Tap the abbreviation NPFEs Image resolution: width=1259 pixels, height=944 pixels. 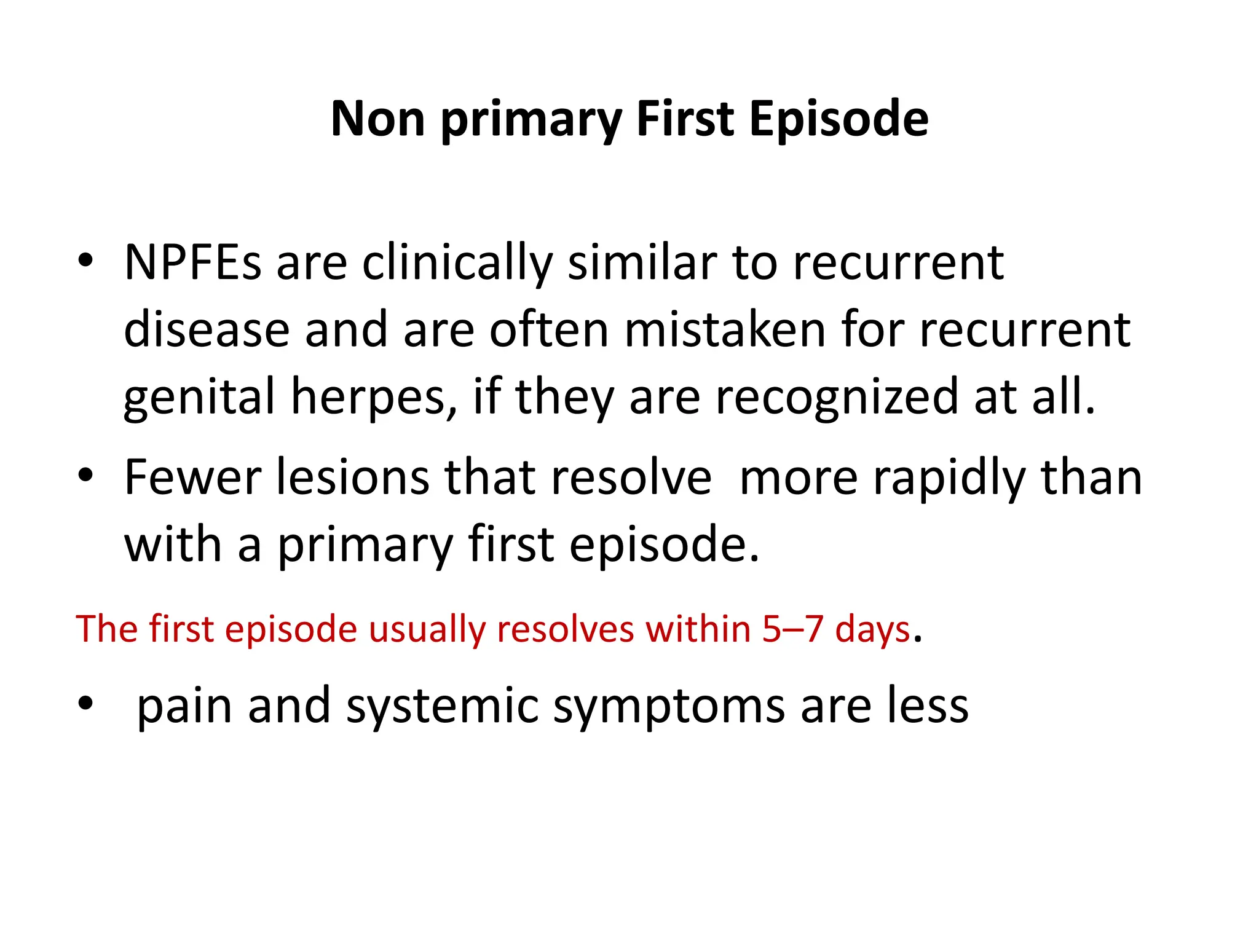[192, 262]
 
